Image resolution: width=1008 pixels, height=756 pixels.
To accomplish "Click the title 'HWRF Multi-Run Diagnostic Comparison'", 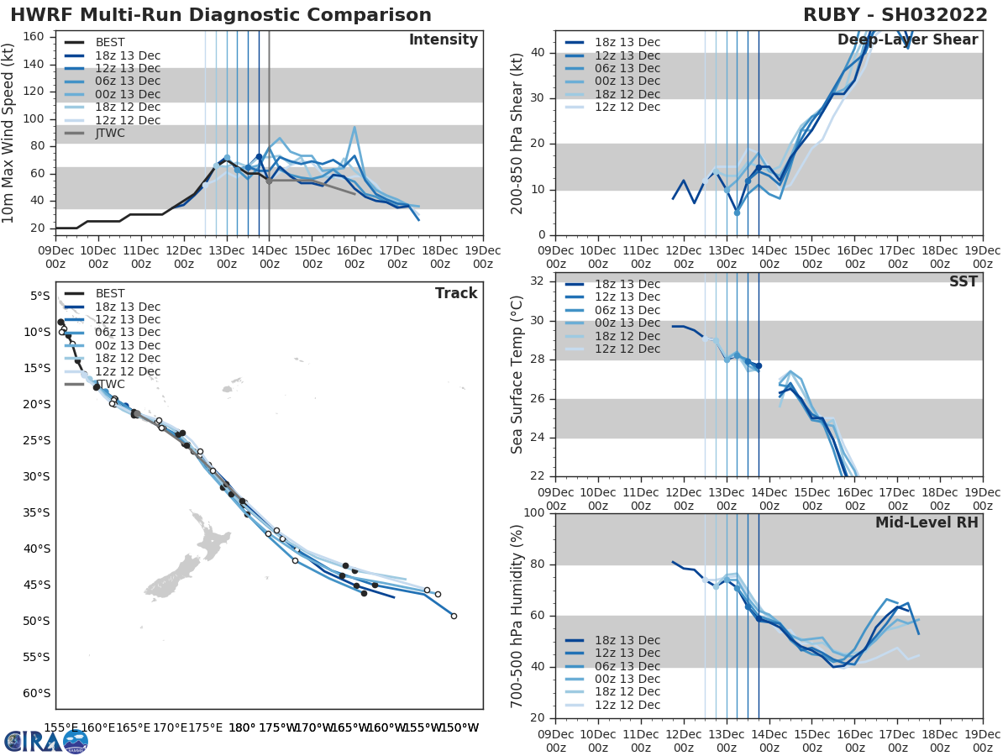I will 221,15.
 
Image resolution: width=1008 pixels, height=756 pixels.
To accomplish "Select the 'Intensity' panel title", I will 443,40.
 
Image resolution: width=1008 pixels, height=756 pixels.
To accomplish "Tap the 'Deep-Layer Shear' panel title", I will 907,40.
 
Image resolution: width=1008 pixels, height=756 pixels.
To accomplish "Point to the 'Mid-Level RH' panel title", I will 927,522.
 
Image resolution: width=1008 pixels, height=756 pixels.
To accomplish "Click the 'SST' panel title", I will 963,281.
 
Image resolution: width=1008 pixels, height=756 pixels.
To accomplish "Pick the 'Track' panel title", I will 456,293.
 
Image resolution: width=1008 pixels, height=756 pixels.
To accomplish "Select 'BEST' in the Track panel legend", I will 110,294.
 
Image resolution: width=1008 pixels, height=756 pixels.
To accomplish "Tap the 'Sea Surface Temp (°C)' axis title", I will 517,375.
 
